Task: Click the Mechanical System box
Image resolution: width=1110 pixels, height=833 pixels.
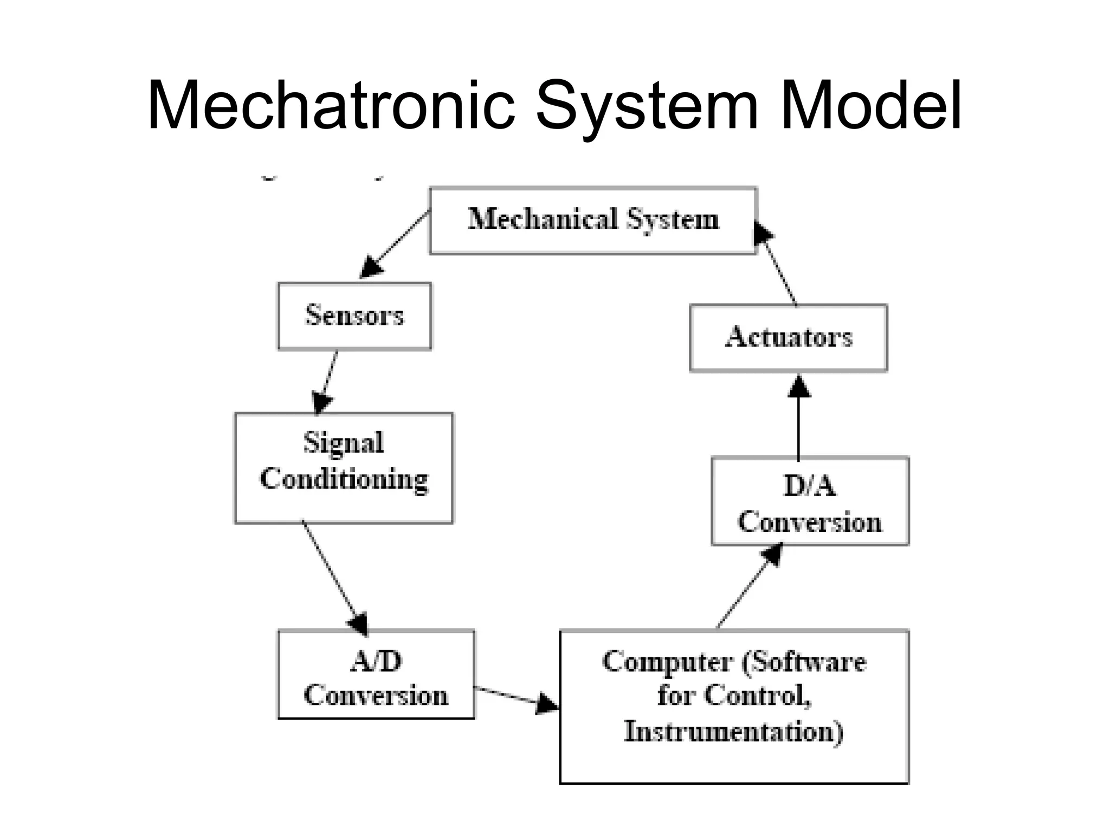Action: pyautogui.click(x=593, y=220)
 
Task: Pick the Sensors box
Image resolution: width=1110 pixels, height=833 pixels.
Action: pyautogui.click(x=354, y=316)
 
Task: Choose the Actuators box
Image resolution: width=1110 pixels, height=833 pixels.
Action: pyautogui.click(x=788, y=337)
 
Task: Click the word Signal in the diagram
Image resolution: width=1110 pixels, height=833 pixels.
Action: pyautogui.click(x=344, y=443)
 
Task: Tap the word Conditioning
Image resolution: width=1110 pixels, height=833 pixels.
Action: pyautogui.click(x=344, y=479)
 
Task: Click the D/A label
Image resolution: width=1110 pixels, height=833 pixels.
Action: pyautogui.click(x=810, y=486)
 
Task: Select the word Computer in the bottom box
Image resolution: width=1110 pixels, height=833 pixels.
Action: pyautogui.click(x=667, y=662)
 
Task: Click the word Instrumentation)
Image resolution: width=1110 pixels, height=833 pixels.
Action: pyautogui.click(x=733, y=732)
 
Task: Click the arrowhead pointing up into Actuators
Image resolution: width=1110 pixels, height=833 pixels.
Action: pyautogui.click(x=799, y=386)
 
